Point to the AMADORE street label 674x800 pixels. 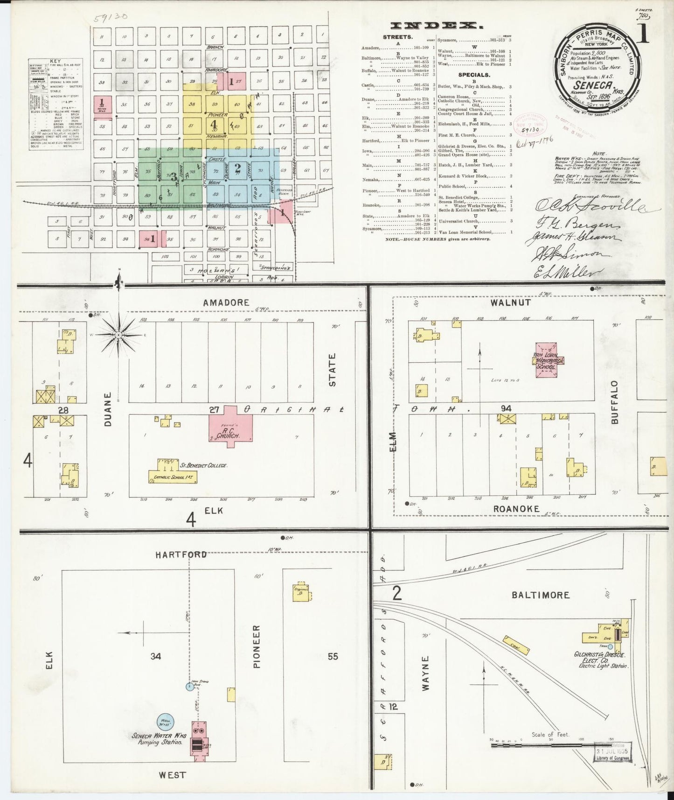click(226, 302)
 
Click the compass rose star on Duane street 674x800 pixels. click(119, 335)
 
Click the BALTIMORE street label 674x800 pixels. click(540, 595)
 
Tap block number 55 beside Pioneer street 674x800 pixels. click(332, 656)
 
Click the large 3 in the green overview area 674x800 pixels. click(173, 177)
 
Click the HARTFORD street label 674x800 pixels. click(181, 554)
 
